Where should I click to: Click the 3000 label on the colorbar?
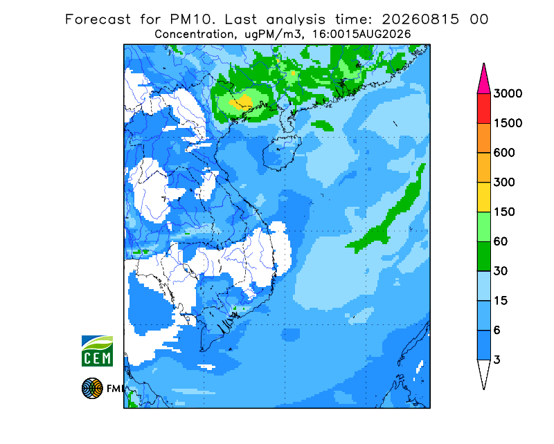pyautogui.click(x=508, y=93)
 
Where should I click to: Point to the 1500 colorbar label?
pyautogui.click(x=508, y=123)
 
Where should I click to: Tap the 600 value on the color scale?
pyautogui.click(x=504, y=153)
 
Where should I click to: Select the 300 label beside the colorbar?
pyautogui.click(x=504, y=182)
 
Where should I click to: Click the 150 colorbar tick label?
pyautogui.click(x=504, y=212)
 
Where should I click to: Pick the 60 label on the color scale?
pyautogui.click(x=501, y=241)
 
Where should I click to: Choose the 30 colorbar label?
pyautogui.click(x=501, y=271)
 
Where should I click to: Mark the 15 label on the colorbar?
pyautogui.click(x=501, y=301)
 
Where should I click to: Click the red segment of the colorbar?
pyautogui.click(x=483, y=109)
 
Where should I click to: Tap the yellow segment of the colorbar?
pyautogui.click(x=483, y=197)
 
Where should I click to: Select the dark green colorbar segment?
pyautogui.click(x=483, y=257)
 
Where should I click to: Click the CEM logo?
pyautogui.click(x=97, y=351)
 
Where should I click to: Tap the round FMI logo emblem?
pyautogui.click(x=92, y=388)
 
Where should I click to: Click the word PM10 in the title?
pyautogui.click(x=193, y=19)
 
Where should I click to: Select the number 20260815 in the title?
pyautogui.click(x=420, y=19)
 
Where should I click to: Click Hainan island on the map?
pyautogui.click(x=282, y=152)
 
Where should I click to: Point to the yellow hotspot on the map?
pyautogui.click(x=241, y=102)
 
